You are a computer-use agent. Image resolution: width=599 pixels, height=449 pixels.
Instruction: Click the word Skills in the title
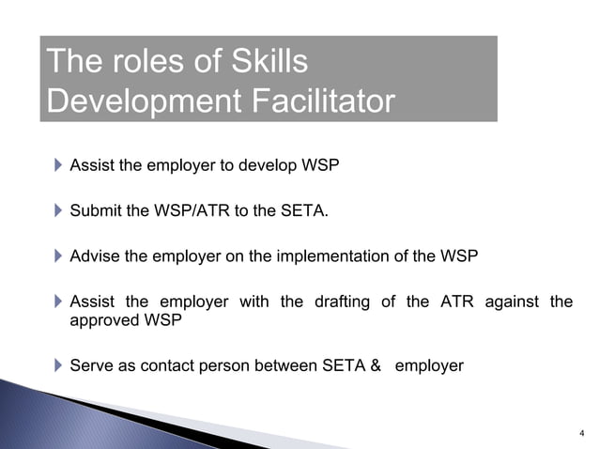(x=265, y=62)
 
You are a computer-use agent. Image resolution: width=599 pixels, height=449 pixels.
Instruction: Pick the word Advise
(x=95, y=255)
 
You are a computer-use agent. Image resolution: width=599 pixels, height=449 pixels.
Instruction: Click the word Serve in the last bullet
(x=91, y=365)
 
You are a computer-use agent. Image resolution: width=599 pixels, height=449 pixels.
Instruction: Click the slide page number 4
(x=582, y=433)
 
